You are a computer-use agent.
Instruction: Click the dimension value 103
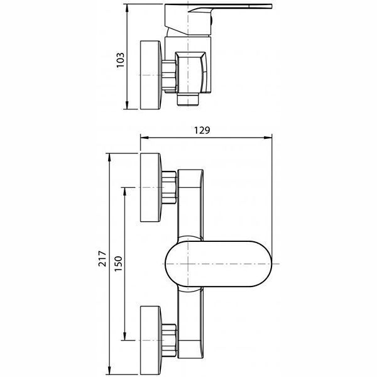(x=121, y=60)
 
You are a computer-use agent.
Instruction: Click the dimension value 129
(x=202, y=130)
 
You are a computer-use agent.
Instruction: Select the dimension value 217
(x=102, y=258)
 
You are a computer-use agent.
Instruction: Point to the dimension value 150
(x=118, y=264)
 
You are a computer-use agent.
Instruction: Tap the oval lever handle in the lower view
(x=218, y=264)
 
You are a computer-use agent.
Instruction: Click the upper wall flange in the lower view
(x=151, y=187)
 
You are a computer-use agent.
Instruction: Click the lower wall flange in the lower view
(x=151, y=341)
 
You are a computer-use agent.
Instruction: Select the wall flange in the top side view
(x=151, y=75)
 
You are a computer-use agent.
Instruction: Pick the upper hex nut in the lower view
(x=170, y=187)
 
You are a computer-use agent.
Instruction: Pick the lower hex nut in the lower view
(x=170, y=341)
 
